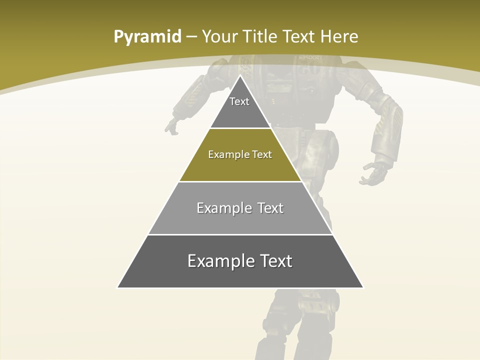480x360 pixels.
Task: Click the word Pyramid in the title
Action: click(147, 37)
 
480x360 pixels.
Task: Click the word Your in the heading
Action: click(219, 36)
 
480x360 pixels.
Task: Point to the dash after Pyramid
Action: click(191, 37)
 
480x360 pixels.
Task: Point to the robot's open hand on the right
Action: click(372, 173)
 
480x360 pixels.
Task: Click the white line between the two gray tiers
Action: click(240, 234)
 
